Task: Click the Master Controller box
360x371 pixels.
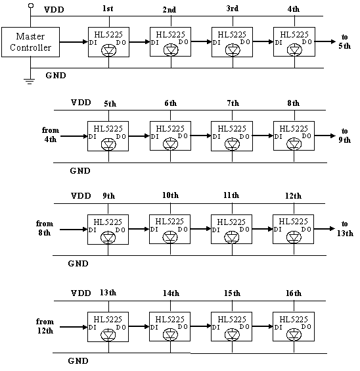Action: tap(30, 42)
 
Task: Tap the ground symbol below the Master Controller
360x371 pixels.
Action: tap(29, 81)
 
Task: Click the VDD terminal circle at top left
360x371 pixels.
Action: tap(31, 5)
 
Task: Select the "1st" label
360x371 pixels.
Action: tap(108, 9)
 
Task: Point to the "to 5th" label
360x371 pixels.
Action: tap(344, 41)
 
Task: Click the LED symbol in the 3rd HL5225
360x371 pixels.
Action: tap(233, 50)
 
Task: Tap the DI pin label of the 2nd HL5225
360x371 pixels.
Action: tap(154, 43)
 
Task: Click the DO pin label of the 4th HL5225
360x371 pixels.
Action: tap(307, 42)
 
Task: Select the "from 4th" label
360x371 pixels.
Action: tap(51, 135)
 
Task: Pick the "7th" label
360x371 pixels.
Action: tap(233, 103)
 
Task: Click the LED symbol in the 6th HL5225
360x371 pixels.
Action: tap(170, 144)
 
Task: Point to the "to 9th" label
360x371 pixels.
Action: tap(344, 136)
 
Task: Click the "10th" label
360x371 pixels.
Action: tap(170, 195)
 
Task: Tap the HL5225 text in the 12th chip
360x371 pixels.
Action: tap(293, 222)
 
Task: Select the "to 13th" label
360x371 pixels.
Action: tap(345, 228)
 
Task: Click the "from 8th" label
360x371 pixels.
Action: tap(45, 228)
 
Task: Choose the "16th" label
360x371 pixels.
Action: tap(294, 293)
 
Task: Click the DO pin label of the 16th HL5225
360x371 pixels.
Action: tap(306, 327)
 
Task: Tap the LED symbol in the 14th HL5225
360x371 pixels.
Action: tap(170, 335)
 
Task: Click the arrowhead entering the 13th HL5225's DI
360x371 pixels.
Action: tap(85, 327)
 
